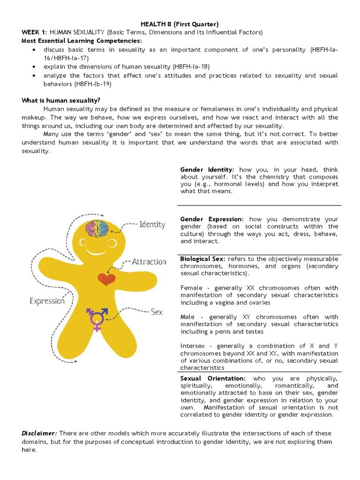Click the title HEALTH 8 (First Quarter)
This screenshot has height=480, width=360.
click(180, 24)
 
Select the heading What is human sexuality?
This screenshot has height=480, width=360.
click(61, 100)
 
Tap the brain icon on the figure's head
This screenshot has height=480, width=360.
click(96, 227)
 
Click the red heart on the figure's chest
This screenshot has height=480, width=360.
click(106, 279)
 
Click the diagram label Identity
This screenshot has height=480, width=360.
click(152, 225)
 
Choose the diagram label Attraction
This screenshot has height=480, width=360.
click(149, 262)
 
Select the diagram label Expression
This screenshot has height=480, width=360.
click(47, 301)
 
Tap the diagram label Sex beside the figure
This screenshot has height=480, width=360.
click(157, 311)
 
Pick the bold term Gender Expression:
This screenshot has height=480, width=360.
click(212, 219)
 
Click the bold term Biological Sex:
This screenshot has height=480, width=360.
click(202, 259)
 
